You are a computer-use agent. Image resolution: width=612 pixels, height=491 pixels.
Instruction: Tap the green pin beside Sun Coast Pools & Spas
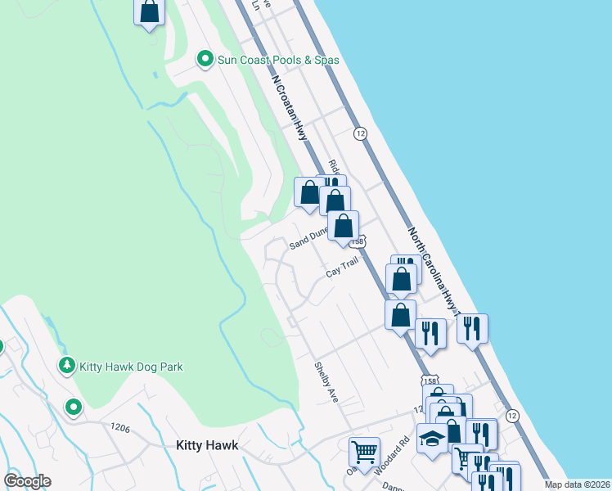(205, 59)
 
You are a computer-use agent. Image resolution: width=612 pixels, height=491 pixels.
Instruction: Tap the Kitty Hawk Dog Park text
(131, 366)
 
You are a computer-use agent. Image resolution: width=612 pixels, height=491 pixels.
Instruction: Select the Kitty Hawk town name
(207, 445)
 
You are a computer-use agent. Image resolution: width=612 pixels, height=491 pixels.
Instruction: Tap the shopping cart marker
(364, 450)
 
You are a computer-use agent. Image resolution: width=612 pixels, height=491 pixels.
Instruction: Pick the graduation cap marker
(432, 438)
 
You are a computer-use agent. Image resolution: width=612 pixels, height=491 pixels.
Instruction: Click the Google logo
(28, 481)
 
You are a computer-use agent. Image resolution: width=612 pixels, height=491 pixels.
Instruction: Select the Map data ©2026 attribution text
(577, 484)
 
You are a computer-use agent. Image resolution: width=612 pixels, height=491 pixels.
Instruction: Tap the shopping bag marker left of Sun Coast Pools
(149, 12)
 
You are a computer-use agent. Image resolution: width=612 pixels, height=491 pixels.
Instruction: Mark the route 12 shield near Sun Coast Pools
(359, 133)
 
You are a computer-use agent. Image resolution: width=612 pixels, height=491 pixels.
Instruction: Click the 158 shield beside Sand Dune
(357, 242)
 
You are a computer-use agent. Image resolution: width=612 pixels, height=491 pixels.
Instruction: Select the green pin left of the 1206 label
(74, 406)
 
